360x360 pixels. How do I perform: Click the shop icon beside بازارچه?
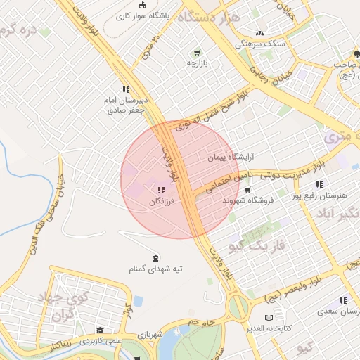[197, 52]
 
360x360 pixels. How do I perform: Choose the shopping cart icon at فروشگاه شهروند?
[247, 189]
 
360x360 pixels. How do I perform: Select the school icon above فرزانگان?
[161, 189]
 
